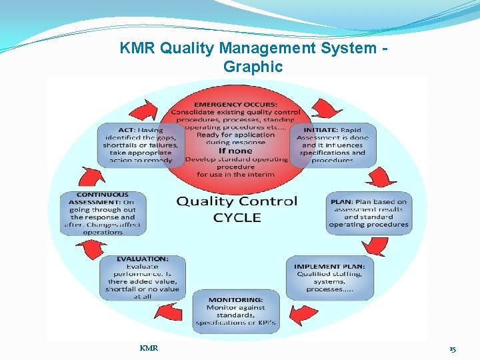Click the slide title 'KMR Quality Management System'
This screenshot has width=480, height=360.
pyautogui.click(x=253, y=49)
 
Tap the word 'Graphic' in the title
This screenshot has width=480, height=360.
pyautogui.click(x=253, y=67)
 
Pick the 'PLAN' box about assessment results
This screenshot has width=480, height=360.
pyautogui.click(x=368, y=213)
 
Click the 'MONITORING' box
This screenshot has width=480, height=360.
pyautogui.click(x=235, y=311)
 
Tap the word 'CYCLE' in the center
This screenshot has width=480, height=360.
pyautogui.click(x=236, y=217)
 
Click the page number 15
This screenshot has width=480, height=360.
pyautogui.click(x=452, y=349)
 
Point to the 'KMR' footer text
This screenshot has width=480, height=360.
pyautogui.click(x=149, y=348)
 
